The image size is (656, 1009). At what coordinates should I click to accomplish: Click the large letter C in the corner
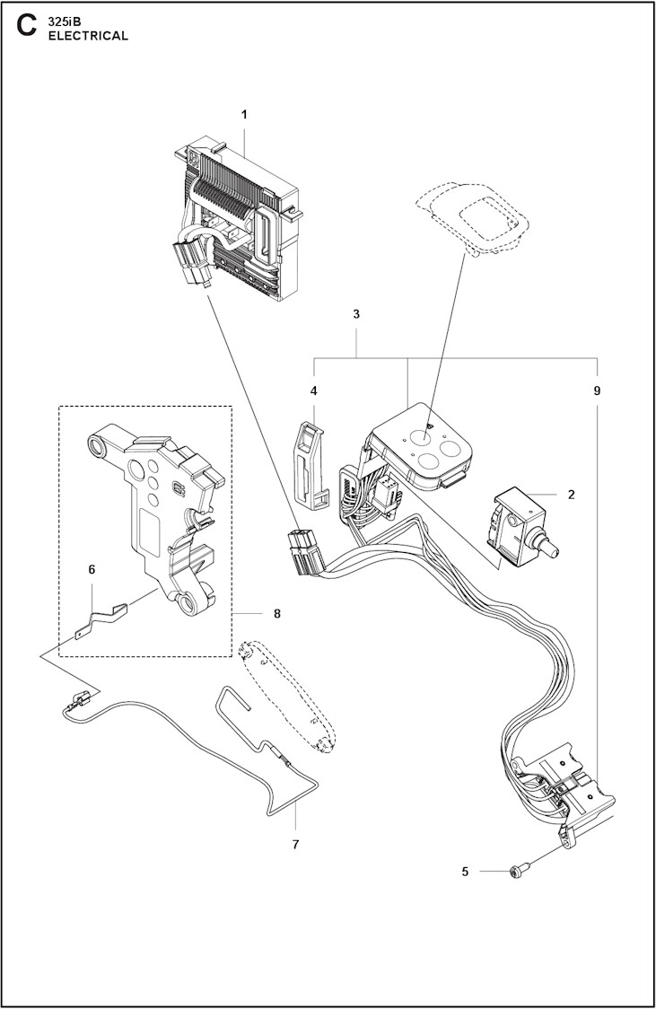27,27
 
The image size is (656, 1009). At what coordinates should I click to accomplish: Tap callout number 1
244,114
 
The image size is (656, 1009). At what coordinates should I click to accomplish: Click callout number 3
356,314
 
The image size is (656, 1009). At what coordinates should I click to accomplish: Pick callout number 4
313,390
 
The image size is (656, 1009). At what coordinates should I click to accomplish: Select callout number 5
465,871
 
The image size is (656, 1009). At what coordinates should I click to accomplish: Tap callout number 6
92,569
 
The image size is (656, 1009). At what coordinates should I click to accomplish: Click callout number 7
295,844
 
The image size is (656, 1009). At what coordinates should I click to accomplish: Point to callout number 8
276,614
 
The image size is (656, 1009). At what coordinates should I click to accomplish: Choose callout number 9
597,390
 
